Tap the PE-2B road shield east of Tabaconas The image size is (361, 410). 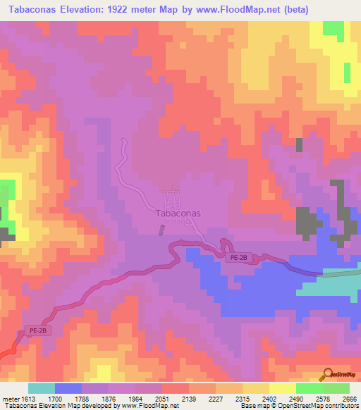click(x=237, y=259)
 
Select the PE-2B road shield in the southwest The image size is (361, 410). click(x=38, y=330)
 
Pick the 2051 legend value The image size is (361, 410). click(x=161, y=399)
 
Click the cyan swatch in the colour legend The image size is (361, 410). click(x=41, y=388)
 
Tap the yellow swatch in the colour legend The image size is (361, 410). click(x=282, y=388)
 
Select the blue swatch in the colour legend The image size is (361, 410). click(x=68, y=388)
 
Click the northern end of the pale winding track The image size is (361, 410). click(x=123, y=141)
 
